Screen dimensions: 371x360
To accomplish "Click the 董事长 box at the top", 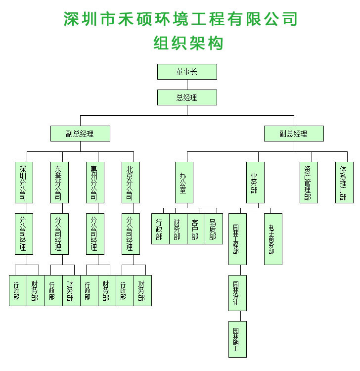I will click(187, 72).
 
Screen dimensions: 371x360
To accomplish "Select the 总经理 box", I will click(187, 97).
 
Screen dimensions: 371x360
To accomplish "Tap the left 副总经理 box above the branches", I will click(80, 134).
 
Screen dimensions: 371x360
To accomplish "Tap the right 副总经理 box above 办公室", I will click(294, 134).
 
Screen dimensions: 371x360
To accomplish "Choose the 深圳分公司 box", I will click(24, 183).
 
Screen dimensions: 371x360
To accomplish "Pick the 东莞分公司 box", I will click(59, 183).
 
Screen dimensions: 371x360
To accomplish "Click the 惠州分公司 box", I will click(95, 183).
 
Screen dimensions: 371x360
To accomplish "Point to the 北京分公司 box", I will click(131, 183).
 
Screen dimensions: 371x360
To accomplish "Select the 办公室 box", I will click(184, 183).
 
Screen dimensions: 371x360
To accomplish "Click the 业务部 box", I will click(255, 183).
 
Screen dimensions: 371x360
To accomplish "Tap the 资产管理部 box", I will click(309, 183).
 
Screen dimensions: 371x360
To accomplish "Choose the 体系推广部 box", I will click(344, 183).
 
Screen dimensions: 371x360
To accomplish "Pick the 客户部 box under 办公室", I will click(196, 229).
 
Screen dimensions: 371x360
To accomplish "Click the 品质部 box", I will click(214, 229).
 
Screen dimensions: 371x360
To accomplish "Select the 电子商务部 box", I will click(273, 239).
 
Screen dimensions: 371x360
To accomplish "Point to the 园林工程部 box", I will click(237, 239).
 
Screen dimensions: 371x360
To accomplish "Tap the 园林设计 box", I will click(237, 293).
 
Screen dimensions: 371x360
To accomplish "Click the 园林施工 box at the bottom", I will click(237, 339).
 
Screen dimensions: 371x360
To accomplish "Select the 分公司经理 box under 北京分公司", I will click(131, 233).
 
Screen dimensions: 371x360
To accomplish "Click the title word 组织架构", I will click(188, 43).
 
